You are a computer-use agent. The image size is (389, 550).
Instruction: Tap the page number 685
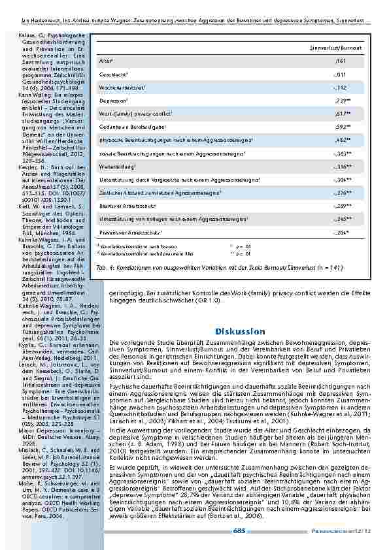click(238, 531)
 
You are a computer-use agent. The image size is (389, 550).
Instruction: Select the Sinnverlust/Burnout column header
click(346, 48)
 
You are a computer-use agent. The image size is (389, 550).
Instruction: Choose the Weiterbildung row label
click(115, 166)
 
